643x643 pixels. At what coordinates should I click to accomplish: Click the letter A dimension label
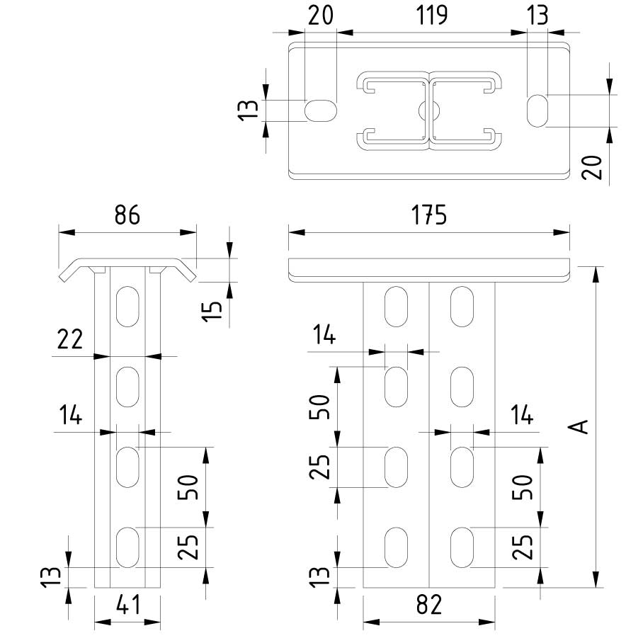coord(580,426)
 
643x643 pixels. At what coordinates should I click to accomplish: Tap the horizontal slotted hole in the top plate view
coord(321,110)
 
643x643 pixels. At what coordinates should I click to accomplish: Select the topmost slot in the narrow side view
coord(128,306)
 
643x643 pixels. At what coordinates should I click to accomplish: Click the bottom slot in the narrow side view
coord(128,547)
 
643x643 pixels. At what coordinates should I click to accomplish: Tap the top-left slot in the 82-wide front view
coord(397,306)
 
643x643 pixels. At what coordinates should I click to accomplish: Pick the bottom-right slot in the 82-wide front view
coord(462,547)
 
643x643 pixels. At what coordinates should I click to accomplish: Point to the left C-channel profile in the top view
coord(393,110)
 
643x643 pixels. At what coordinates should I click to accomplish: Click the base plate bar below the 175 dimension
coord(429,268)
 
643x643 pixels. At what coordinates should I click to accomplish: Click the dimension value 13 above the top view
coord(538,15)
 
